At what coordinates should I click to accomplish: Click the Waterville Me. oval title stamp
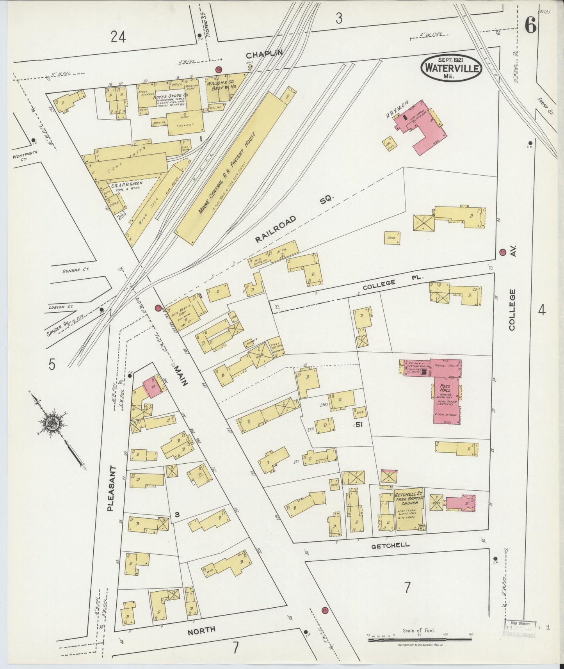[x=451, y=68]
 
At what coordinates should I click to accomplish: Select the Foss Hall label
[x=445, y=388]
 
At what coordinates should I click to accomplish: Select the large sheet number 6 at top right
[x=530, y=25]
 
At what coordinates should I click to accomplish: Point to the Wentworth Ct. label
[x=25, y=157]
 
